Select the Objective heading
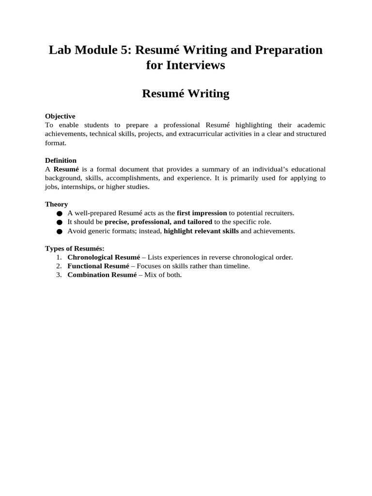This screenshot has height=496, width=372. [x=60, y=116]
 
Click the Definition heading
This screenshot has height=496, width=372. [x=61, y=160]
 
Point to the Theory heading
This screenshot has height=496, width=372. [x=56, y=204]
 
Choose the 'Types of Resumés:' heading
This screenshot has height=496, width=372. [x=75, y=248]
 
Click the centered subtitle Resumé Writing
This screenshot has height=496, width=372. [x=186, y=93]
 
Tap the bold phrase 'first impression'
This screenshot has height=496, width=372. [x=202, y=213]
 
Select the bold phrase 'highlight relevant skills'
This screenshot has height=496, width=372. [x=201, y=231]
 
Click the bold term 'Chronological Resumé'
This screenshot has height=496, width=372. [x=103, y=257]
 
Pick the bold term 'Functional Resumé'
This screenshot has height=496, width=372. [x=98, y=266]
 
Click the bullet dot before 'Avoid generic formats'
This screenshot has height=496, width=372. [x=60, y=232]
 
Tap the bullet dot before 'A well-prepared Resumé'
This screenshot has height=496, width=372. [x=60, y=214]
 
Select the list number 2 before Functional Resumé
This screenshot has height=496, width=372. [x=59, y=266]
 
